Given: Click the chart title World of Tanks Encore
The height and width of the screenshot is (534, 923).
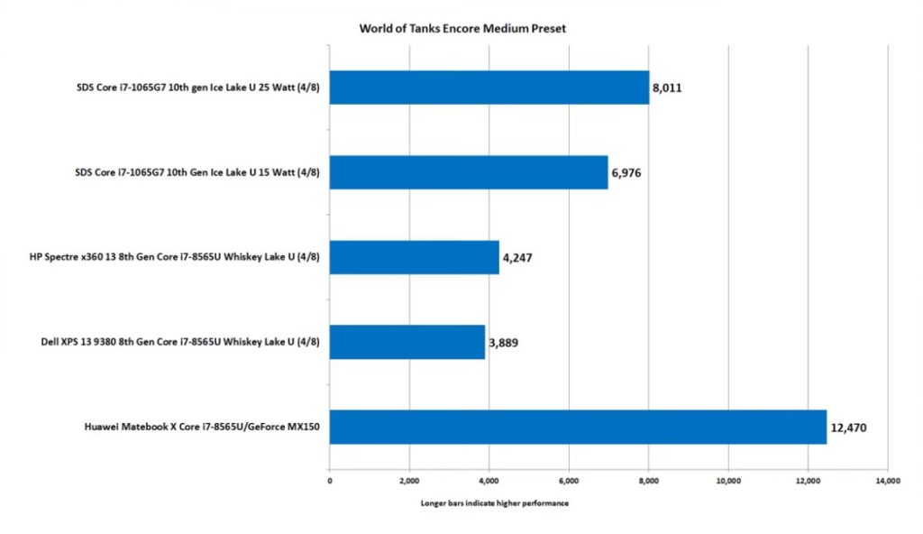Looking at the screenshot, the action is (462, 28).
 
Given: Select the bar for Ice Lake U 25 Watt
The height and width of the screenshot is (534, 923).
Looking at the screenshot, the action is (489, 87).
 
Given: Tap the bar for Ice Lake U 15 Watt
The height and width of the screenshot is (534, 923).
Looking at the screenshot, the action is (469, 172).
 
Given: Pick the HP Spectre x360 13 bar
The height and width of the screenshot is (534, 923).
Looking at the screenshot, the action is (415, 258).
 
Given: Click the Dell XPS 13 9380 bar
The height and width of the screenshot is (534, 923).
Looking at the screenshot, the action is (407, 343).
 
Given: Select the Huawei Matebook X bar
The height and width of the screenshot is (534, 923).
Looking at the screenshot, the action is (578, 428).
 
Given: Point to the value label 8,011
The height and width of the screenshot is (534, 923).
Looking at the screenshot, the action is (667, 87).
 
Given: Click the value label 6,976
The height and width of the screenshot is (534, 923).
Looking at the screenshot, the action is (626, 172).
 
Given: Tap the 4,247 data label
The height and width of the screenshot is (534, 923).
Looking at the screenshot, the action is (517, 258).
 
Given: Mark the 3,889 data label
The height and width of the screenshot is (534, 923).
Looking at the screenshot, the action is (503, 343).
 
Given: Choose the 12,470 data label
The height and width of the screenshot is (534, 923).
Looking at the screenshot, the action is (848, 428).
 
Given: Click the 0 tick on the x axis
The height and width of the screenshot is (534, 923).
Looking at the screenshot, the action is (330, 481).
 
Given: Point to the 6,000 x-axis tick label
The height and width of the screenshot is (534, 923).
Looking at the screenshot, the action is (569, 481).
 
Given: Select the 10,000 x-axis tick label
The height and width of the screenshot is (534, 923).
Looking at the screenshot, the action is (728, 481).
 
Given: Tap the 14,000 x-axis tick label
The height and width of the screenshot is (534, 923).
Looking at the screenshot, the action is (888, 481).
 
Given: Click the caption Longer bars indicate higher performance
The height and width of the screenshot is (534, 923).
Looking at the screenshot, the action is (495, 503).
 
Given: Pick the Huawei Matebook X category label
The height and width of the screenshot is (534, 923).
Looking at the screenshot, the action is (202, 427).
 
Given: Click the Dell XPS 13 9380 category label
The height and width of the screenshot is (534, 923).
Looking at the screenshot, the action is (180, 342).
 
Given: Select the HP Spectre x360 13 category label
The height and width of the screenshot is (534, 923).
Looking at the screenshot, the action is (175, 257).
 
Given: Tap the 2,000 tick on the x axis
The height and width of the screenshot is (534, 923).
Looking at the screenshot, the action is (409, 481).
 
